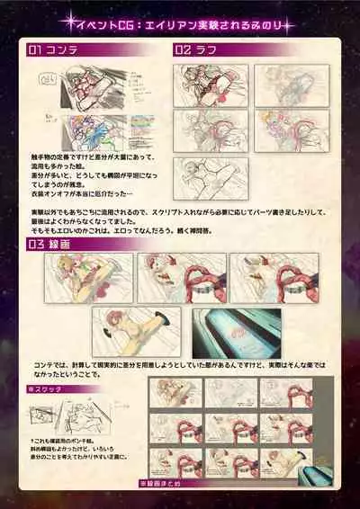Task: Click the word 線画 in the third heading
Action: (58, 243)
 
